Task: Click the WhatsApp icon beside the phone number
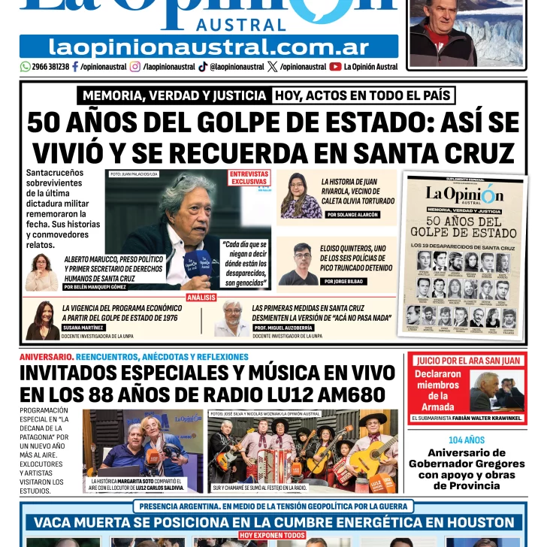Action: pos(25,67)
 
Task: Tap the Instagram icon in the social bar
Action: pos(135,67)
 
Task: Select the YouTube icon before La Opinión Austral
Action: pos(335,67)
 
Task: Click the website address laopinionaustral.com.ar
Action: pos(208,47)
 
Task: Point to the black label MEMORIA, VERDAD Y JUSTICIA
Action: pos(174,95)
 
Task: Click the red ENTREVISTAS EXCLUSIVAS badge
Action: pos(249,178)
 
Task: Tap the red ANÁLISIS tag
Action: pos(201,298)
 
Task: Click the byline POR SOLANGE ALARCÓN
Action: pos(352,215)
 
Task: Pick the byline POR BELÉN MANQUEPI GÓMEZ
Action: pos(95,287)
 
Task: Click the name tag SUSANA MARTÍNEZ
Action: pos(84,328)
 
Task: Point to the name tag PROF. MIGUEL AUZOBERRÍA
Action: pos(283,328)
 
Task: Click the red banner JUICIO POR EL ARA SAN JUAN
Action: pos(469,361)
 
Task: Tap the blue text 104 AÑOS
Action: pos(467,440)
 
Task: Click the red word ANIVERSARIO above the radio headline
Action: pos(46,356)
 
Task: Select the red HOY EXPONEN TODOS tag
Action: pos(272,536)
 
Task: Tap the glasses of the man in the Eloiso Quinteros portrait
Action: pos(302,255)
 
